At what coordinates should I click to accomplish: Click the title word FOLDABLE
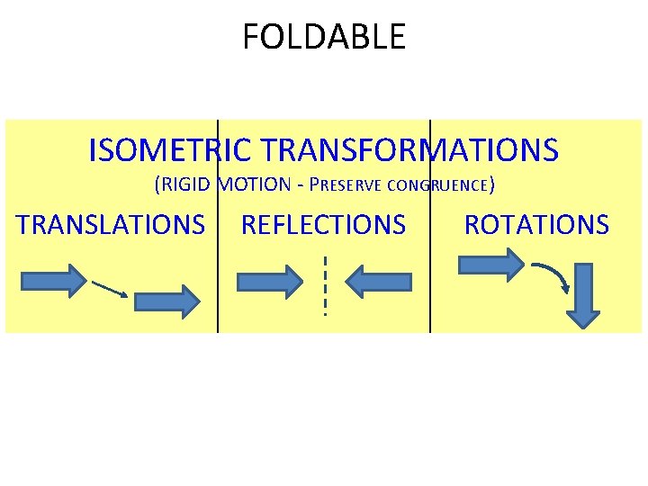(324, 37)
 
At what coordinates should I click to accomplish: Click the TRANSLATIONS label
(111, 224)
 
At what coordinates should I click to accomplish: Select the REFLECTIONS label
(323, 224)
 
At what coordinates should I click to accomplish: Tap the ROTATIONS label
(536, 224)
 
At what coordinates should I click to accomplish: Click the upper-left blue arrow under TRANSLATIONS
(53, 281)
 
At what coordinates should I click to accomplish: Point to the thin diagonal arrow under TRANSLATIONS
(109, 288)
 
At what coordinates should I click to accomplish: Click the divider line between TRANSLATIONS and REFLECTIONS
(218, 270)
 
